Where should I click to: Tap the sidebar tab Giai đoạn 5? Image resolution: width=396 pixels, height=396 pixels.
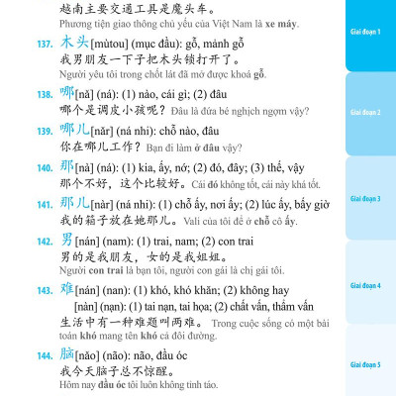pos(370,365)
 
